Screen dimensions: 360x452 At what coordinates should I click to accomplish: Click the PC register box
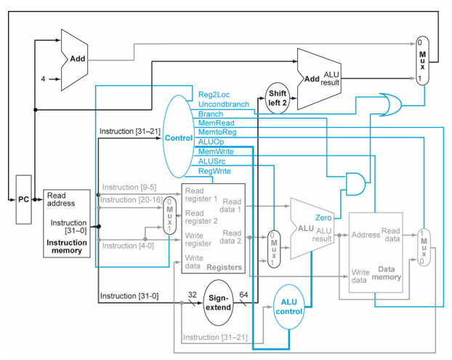(24, 199)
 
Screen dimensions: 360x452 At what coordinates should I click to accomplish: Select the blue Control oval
(178, 137)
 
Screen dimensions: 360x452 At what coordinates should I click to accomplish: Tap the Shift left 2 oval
(278, 97)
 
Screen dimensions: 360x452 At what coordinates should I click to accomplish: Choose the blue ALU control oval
(288, 307)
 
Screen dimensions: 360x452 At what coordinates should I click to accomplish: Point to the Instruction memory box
(67, 223)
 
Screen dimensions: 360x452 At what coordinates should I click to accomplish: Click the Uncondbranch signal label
(224, 104)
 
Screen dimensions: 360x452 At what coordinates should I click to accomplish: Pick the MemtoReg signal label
(217, 132)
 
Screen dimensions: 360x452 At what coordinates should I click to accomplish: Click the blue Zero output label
(324, 217)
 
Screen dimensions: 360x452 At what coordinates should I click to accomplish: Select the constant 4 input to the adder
(43, 79)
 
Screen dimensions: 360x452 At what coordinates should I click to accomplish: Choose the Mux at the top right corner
(421, 60)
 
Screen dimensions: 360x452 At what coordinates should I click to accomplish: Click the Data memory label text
(386, 273)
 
